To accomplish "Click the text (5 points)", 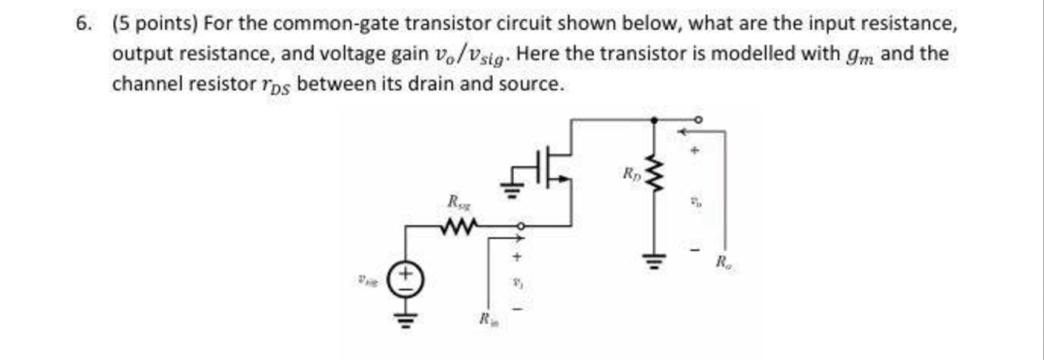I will pos(155,24).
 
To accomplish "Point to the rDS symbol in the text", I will pos(276,85).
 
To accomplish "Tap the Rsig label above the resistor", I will pos(459,201).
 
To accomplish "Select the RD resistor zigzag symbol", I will pos(653,173).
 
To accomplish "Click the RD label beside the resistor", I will pos(631,173).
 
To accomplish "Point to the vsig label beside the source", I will pos(366,280).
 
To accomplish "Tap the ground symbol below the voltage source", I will pos(406,319).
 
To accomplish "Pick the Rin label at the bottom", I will pos(487,318).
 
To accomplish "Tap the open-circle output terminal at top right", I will pos(698,120).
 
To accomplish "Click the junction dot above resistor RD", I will pos(653,120).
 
